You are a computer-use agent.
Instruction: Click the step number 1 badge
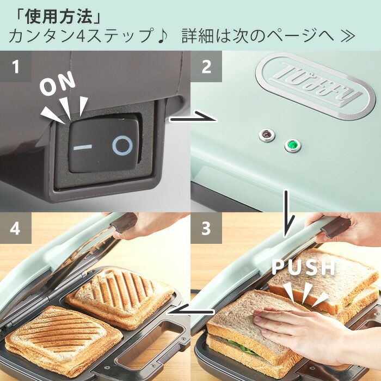16,66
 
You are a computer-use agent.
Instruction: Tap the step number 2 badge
206,66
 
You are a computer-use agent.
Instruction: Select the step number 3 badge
206,228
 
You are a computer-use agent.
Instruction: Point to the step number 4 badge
16,228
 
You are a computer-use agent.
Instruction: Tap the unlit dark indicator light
267,134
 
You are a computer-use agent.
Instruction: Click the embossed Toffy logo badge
316,86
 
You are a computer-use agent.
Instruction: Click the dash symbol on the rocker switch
83,147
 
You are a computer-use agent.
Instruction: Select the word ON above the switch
58,83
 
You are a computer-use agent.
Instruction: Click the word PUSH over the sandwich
304,267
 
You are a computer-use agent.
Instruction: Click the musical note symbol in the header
162,36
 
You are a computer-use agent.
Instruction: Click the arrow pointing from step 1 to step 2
192,118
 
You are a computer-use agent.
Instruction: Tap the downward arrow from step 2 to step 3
288,214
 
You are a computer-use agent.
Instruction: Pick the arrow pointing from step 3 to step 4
190,311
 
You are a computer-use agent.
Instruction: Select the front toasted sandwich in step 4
63,340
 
